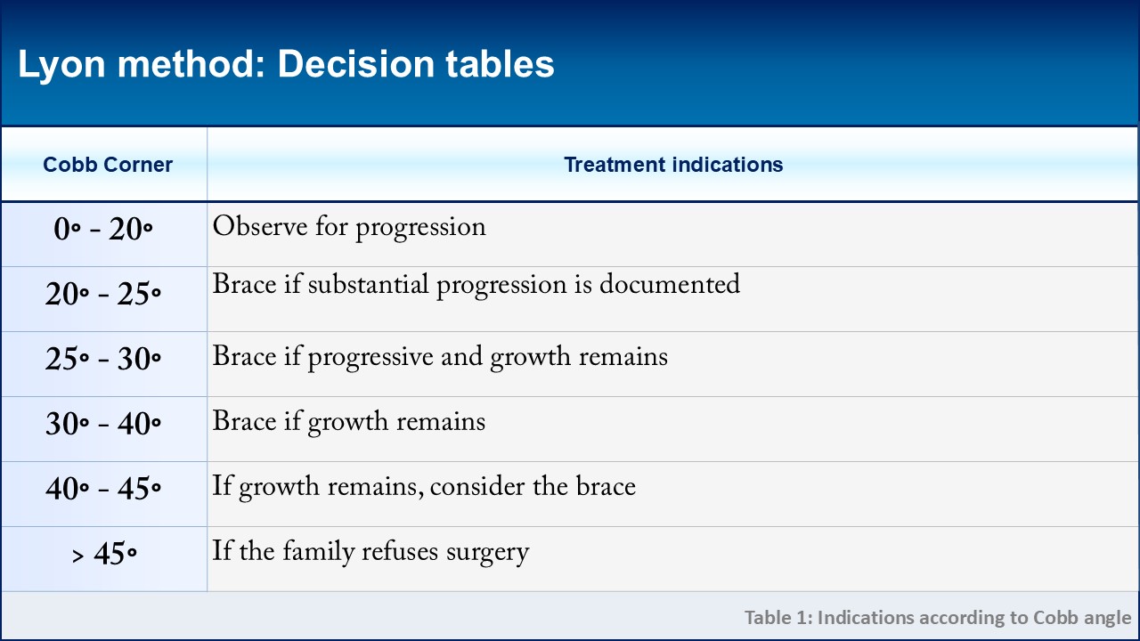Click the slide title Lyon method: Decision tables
point(286,65)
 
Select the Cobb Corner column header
point(108,165)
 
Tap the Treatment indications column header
point(673,165)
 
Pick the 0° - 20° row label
point(103,229)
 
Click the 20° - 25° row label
point(103,294)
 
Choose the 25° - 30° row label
point(103,359)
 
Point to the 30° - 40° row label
point(103,423)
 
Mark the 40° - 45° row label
point(103,489)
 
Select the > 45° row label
point(104,554)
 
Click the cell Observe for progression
point(349,227)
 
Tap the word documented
point(670,284)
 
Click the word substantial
point(368,284)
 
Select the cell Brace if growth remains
point(348,422)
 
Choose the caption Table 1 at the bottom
point(938,618)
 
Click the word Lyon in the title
point(61,66)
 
